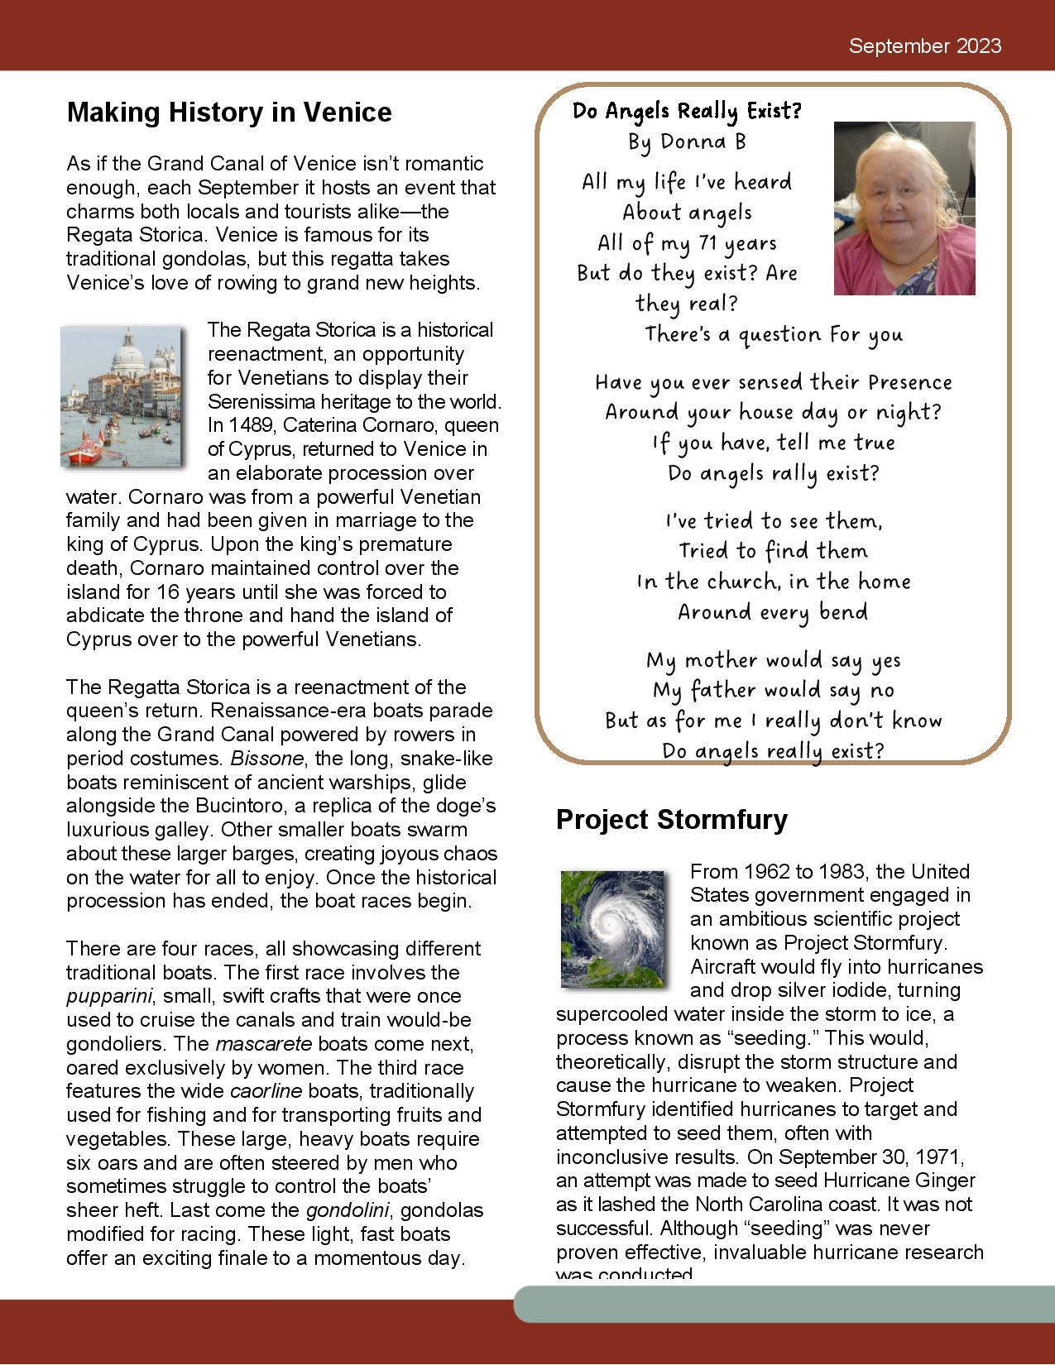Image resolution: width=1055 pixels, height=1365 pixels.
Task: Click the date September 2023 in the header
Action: coord(924,46)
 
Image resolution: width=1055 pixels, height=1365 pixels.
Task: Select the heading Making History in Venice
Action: coord(229,113)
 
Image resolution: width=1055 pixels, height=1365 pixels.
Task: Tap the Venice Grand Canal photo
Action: coord(121,396)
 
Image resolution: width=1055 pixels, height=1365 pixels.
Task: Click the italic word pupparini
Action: coord(101,996)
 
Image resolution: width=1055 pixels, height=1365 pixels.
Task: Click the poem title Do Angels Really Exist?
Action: coord(688,111)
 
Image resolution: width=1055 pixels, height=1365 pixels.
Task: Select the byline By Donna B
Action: coord(687,142)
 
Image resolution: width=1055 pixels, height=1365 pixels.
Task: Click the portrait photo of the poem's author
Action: coord(904,208)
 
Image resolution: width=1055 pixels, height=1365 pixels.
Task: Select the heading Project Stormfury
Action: coord(672,820)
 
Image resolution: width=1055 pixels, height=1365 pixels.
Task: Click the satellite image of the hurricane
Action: coord(613,928)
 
